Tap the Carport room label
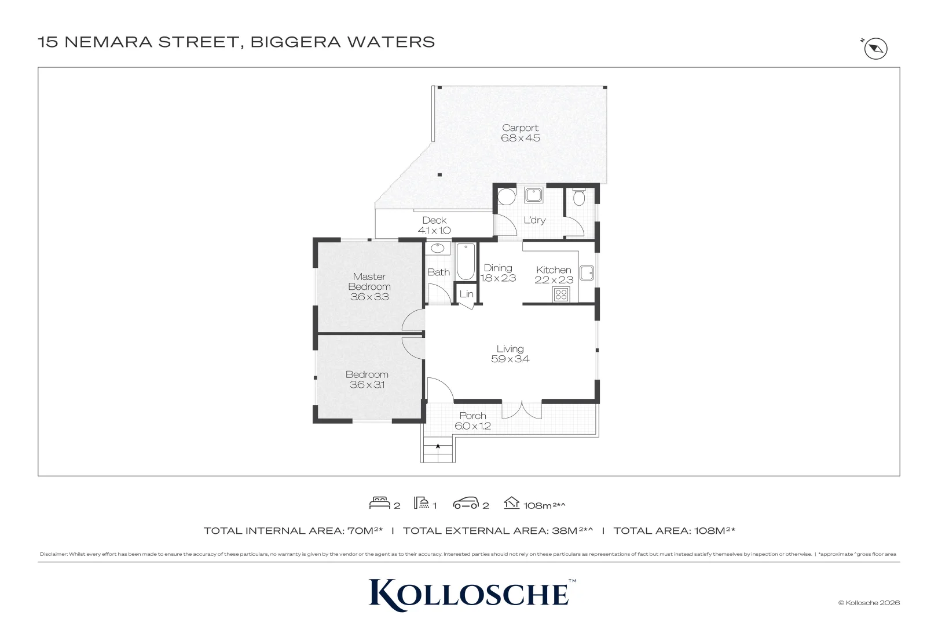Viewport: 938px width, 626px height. (520, 128)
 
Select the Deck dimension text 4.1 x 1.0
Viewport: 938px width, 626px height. (434, 230)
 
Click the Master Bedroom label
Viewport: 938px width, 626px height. (369, 281)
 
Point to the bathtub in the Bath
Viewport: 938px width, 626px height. (465, 261)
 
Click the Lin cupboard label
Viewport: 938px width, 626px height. (467, 294)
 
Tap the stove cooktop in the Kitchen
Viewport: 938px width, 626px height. (561, 295)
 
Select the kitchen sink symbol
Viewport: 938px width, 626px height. (587, 272)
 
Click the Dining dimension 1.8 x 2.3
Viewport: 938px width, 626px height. (498, 278)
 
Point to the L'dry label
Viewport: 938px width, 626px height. (535, 220)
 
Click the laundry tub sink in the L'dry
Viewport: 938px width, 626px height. (534, 195)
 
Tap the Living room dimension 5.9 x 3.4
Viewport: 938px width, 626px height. (510, 359)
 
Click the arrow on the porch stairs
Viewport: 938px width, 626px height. (438, 446)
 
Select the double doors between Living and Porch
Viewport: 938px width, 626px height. (522, 410)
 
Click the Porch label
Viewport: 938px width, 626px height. (473, 416)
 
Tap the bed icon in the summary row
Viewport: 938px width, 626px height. (379, 503)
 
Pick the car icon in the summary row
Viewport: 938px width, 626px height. (466, 503)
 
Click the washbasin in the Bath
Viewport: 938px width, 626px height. (438, 248)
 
